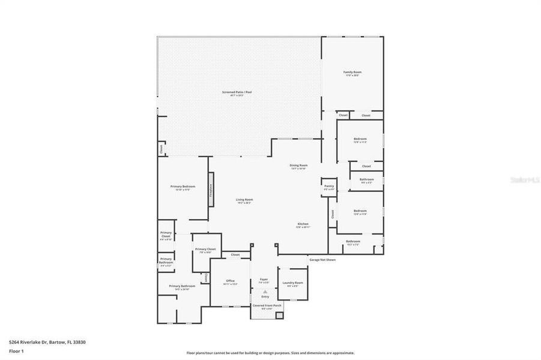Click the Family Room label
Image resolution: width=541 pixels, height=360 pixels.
click(353, 73)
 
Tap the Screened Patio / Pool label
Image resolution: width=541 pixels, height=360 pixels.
click(237, 92)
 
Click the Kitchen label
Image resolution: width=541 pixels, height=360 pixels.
click(303, 224)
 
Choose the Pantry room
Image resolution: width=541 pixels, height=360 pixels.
click(328, 187)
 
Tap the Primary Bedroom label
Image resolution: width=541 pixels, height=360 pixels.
click(183, 187)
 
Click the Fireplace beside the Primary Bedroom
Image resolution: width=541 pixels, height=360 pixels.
click(211, 190)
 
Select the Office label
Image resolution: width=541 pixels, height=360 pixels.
click(230, 281)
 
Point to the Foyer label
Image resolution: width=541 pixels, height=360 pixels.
click(264, 280)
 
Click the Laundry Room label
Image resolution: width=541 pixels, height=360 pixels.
click(294, 283)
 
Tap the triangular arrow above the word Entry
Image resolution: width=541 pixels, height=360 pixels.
click(265, 292)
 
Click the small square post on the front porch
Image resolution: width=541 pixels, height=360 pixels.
click(279, 314)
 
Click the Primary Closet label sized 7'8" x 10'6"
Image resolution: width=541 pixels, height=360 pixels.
click(205, 250)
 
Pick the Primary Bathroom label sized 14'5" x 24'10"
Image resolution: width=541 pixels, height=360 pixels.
click(182, 287)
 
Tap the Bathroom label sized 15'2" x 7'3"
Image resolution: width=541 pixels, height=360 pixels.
click(352, 242)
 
